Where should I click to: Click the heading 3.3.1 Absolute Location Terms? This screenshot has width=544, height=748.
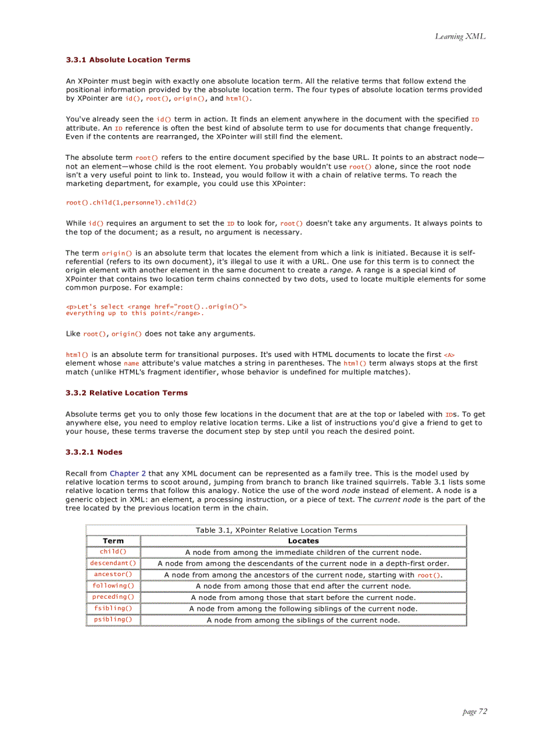tap(128, 60)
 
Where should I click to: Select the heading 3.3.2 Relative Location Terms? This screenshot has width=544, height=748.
tap(127, 393)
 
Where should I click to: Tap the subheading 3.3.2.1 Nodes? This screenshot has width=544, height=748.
tap(93, 452)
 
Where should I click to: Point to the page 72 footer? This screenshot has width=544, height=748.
tap(475, 711)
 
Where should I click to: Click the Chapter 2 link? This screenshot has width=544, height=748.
tap(127, 474)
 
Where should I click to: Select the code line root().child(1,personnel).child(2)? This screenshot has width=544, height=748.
tap(131, 202)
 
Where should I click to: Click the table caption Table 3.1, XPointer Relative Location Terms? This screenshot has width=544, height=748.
tap(276, 530)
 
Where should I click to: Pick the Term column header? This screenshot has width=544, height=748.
tap(113, 541)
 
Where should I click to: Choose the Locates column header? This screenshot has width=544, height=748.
tap(303, 541)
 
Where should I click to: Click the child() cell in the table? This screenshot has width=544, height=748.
tap(113, 552)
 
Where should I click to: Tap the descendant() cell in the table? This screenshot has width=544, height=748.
tap(113, 563)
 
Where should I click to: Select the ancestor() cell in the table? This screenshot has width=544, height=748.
tap(113, 574)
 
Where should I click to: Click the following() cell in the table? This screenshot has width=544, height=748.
tap(113, 585)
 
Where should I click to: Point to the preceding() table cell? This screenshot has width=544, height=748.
tap(113, 597)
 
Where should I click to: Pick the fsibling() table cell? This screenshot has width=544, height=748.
tap(113, 608)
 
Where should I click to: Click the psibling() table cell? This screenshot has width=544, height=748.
tap(113, 619)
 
